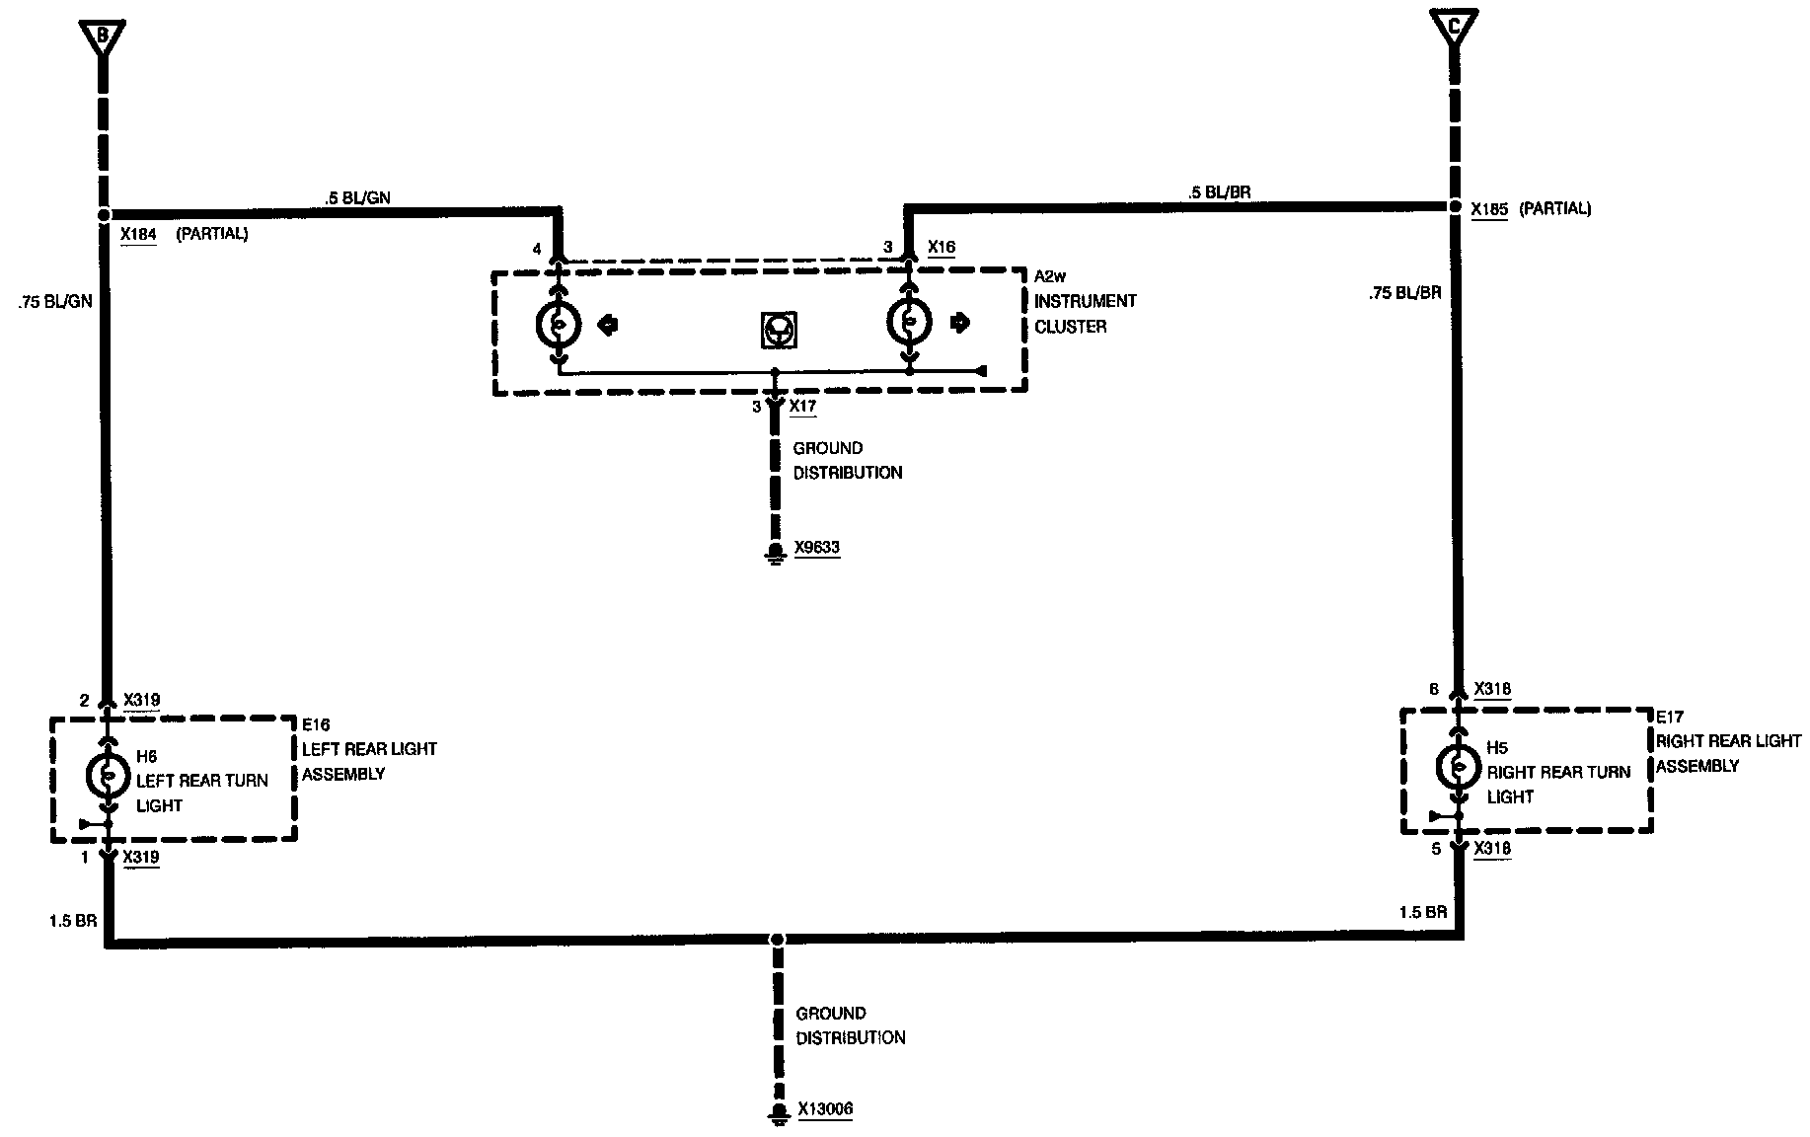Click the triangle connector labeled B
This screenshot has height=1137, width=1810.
coord(102,37)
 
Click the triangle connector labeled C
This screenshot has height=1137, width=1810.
coord(1453,25)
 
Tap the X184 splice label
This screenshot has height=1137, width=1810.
coord(137,235)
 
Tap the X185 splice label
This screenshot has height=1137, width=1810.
coord(1488,209)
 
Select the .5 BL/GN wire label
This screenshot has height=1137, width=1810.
coord(357,197)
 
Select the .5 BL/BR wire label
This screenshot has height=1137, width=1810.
coord(1220,192)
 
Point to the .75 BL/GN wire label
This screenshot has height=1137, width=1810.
coord(55,302)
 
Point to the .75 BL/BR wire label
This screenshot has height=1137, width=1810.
coord(1404,293)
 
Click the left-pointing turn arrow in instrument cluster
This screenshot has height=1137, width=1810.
coord(609,324)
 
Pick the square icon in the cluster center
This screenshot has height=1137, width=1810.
coord(780,330)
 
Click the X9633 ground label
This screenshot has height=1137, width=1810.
coord(817,548)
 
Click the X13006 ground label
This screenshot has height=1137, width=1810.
coord(824,1109)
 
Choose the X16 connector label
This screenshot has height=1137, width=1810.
coord(942,247)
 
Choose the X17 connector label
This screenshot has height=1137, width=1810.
coord(803,406)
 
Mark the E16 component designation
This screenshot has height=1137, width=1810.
coord(317,725)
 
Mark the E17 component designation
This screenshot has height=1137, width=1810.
coord(1670,717)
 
